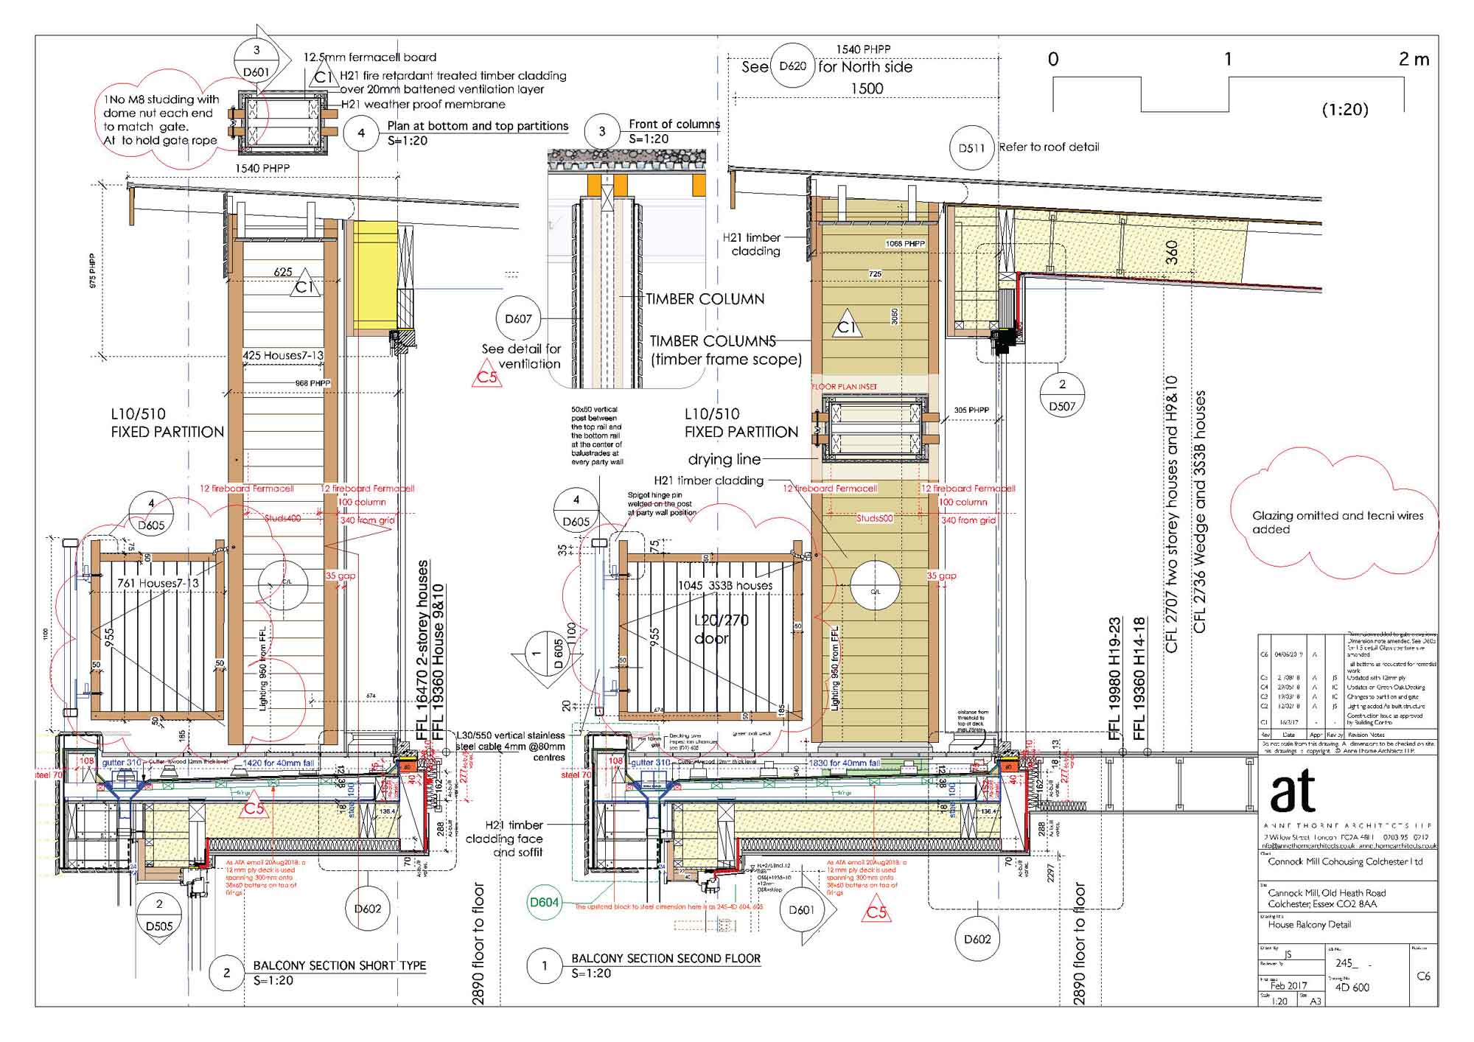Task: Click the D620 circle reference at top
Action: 792,66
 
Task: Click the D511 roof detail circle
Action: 971,148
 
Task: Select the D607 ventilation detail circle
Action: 518,319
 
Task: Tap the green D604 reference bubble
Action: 544,902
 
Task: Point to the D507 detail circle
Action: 1062,396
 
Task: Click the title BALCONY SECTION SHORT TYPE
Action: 339,965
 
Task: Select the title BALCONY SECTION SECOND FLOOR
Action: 666,959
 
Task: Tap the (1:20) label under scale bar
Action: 1344,110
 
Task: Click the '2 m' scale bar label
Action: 1414,60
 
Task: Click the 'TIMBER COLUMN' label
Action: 705,299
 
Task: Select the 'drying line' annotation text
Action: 724,460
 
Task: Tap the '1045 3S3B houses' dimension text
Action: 725,586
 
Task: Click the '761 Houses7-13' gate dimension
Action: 158,584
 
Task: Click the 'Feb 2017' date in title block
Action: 1288,985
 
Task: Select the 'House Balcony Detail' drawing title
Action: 1309,924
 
